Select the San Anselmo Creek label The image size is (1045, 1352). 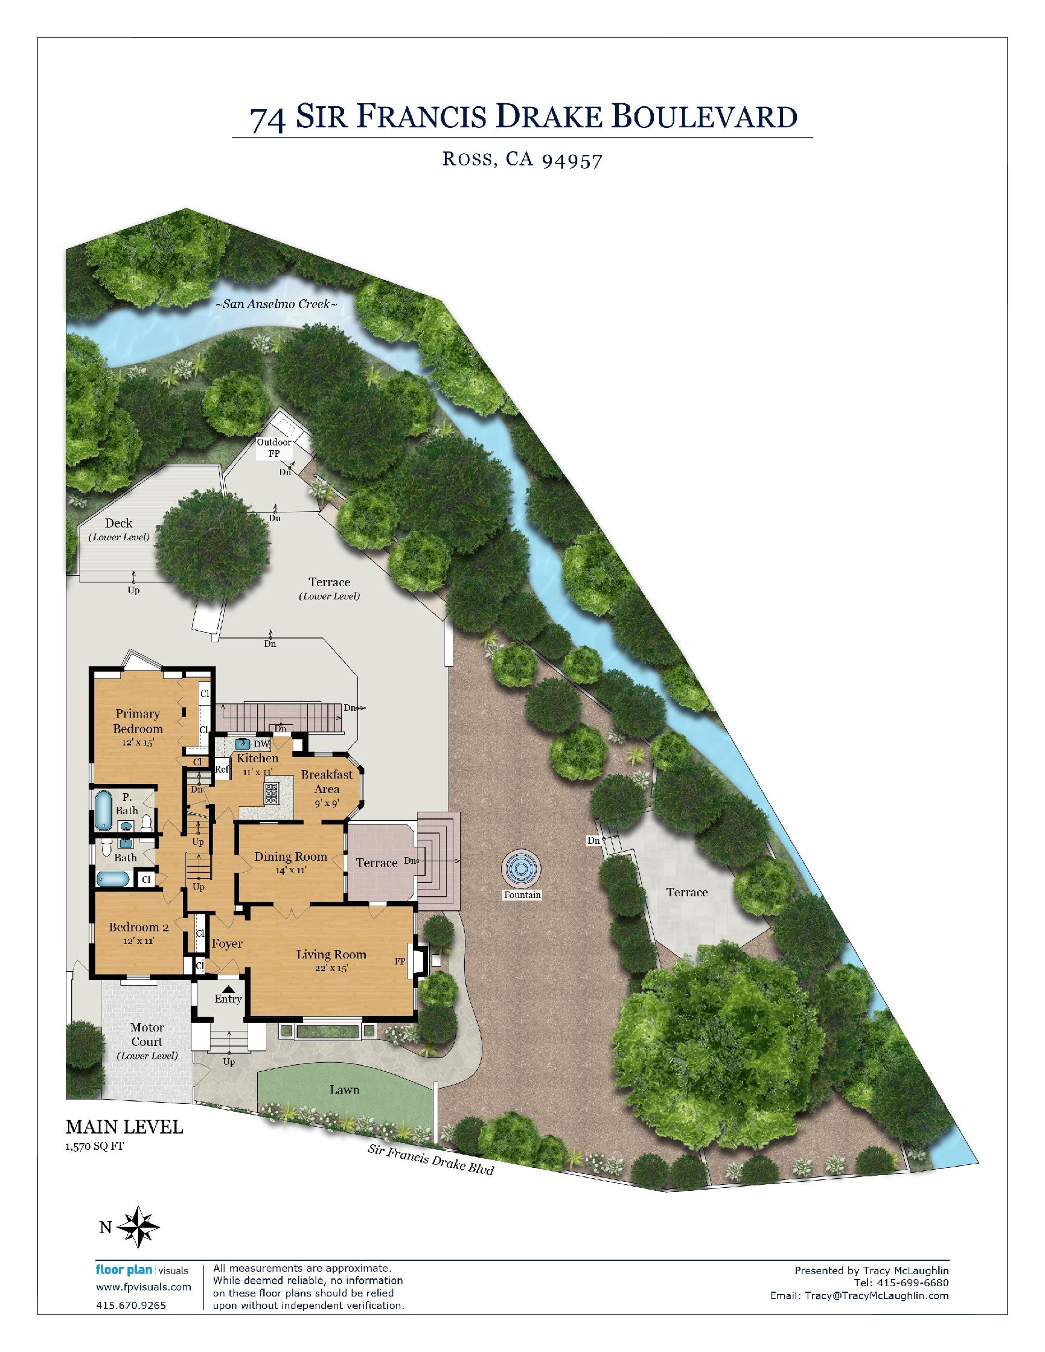(x=276, y=305)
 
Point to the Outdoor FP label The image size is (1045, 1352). (x=274, y=448)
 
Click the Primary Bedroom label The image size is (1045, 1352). (x=138, y=721)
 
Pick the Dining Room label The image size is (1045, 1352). (x=290, y=856)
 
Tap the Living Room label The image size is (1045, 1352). (x=331, y=955)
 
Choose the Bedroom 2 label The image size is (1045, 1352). (x=139, y=927)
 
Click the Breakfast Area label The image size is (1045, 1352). (x=327, y=781)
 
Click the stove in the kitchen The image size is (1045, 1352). (x=272, y=793)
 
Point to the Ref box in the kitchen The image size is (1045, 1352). (x=222, y=770)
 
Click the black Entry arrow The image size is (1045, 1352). (x=228, y=990)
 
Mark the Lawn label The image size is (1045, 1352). (x=344, y=1089)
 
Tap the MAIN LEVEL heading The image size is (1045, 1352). (x=124, y=1127)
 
